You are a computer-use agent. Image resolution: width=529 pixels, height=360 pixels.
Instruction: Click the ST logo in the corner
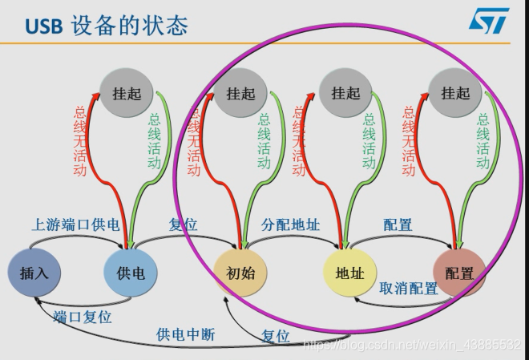coord(488,22)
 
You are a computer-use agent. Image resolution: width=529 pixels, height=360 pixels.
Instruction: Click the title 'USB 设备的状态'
coord(107,26)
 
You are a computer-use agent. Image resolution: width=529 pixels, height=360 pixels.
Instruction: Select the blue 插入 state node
coord(34,273)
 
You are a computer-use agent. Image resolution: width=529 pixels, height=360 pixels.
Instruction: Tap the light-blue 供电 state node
coord(131,273)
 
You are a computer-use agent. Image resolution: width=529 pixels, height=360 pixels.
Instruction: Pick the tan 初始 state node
coord(240,273)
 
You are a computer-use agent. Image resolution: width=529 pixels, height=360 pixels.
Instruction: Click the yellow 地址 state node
coord(350,273)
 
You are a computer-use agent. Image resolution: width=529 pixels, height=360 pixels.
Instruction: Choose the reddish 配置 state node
coord(459,273)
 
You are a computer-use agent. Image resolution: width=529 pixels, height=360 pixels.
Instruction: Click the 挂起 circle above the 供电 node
coord(127,93)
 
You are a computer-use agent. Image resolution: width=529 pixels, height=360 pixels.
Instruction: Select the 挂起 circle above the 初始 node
coord(240,93)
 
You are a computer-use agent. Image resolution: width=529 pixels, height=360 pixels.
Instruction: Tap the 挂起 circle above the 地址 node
coord(347,93)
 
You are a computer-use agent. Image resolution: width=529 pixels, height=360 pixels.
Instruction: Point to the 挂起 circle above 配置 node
coord(455,93)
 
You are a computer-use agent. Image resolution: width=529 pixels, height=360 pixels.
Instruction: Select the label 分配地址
coord(291,224)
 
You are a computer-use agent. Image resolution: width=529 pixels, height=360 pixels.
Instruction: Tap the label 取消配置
coord(409,289)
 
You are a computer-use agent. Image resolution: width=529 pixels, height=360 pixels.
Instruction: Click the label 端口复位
coord(83,317)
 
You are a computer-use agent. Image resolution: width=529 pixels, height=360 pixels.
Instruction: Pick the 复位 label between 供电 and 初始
coord(184,224)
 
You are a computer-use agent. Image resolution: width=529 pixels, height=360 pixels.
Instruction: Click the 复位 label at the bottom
coord(275,337)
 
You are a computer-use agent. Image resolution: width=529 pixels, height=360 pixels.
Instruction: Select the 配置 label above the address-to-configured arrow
coord(398,224)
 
